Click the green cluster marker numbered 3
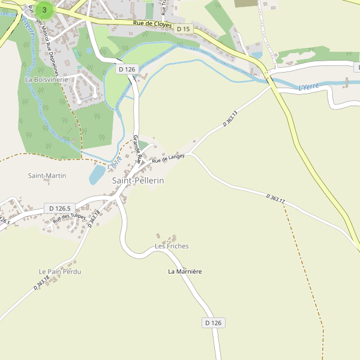pos(44,10)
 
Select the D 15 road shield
pos(183,29)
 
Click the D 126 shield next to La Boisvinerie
pos(127,70)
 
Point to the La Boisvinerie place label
pos(47,79)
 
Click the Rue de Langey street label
pos(168,158)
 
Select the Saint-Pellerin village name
pos(138,180)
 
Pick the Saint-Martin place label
pos(47,176)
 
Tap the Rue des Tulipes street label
pos(69,218)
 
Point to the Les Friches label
pos(172,246)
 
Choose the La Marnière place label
pos(185,272)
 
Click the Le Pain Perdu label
pos(60,272)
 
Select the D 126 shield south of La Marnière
pos(213,323)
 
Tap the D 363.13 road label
pos(230,118)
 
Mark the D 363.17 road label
pos(276,198)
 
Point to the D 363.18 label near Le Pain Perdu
pos(42,283)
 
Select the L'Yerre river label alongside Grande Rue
pos(115,161)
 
